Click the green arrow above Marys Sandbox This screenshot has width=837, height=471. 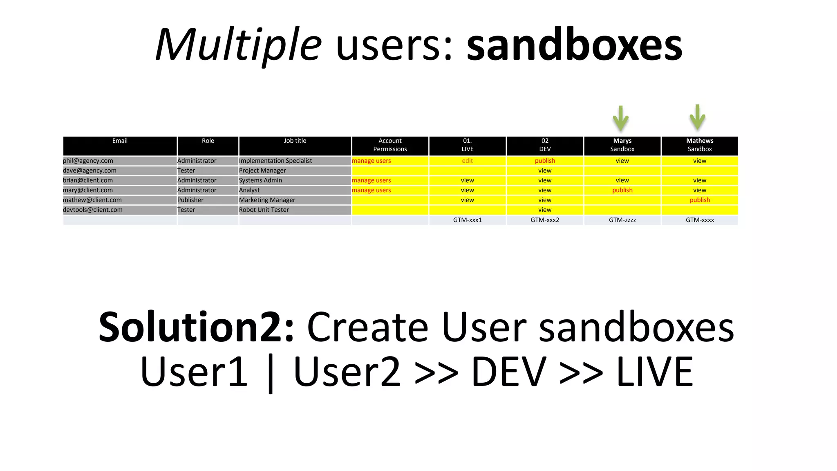[x=620, y=119]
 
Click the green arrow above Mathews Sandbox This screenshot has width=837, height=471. [x=697, y=117]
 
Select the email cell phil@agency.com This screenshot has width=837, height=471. [x=88, y=161]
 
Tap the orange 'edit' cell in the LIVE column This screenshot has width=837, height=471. [x=467, y=161]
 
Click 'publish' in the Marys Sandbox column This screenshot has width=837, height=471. [x=622, y=190]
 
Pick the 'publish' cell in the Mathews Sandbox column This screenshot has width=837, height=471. [x=700, y=200]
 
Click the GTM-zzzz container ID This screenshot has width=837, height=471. [x=622, y=220]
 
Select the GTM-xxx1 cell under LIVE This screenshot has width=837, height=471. [x=467, y=220]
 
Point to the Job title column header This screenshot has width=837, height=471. [x=295, y=141]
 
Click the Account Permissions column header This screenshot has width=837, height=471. [x=390, y=145]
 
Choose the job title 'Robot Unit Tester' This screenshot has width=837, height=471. [x=264, y=210]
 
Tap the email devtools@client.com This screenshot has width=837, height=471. [x=93, y=210]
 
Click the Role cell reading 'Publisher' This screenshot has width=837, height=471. [x=190, y=200]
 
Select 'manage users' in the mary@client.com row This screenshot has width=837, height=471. [x=371, y=190]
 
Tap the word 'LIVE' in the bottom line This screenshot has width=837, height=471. [x=654, y=372]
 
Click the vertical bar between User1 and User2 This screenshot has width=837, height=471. [x=270, y=373]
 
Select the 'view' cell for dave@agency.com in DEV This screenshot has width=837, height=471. [x=544, y=170]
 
